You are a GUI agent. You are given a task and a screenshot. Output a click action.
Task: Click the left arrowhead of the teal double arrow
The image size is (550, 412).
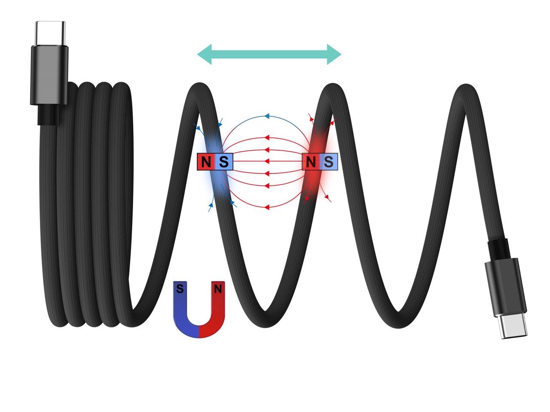coord(205,54)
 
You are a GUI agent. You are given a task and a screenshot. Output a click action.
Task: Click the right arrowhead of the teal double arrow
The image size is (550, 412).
coord(334,54)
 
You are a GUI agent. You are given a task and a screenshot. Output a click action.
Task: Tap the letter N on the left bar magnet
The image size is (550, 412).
coord(206,162)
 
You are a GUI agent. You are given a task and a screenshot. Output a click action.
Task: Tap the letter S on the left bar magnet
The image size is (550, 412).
coord(224,162)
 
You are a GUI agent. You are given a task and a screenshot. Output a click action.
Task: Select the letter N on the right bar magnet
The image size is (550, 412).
coord(311,162)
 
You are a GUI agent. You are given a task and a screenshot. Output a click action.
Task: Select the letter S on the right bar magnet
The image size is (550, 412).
coord(329,162)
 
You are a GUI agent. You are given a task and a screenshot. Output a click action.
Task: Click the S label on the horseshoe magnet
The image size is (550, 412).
coord(180,289)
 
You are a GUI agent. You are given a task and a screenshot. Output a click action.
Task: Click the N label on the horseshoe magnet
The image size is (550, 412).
coord(218,289)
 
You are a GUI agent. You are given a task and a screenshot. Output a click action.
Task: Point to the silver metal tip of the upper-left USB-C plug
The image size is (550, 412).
coord(50,34)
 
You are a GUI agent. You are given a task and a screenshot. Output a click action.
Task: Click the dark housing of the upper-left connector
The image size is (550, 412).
coord(49,75)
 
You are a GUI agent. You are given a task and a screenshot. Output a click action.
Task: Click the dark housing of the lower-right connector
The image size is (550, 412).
coord(505,288)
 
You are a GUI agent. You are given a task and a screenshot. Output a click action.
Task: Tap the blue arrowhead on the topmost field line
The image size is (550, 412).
coord(267,116)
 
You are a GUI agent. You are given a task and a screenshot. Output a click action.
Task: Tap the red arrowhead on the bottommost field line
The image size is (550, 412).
coord(267,207)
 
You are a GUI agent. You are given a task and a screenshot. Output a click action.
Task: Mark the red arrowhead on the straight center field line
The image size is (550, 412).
coord(267,161)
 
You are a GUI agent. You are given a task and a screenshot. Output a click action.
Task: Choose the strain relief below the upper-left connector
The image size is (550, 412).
coord(48,114)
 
